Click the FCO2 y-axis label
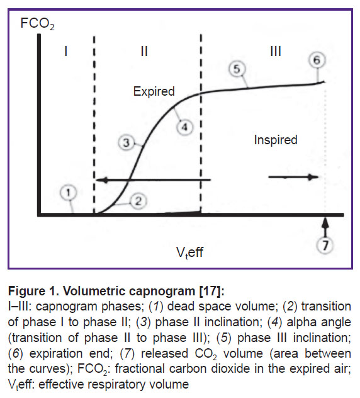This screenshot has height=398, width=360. click(x=37, y=24)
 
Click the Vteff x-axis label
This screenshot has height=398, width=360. click(x=190, y=253)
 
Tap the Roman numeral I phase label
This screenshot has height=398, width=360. click(x=66, y=51)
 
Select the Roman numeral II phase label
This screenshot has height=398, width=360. click(x=144, y=51)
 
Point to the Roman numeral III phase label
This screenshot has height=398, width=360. click(x=276, y=51)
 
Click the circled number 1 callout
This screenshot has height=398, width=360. click(x=68, y=193)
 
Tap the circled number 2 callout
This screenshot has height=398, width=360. click(x=138, y=202)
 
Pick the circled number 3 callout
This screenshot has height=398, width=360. click(x=126, y=143)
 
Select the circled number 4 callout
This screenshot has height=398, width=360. click(x=184, y=127)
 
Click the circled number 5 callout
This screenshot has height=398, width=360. click(x=237, y=69)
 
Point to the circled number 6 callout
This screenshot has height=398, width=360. click(x=317, y=60)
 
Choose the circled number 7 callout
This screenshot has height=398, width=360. click(x=325, y=246)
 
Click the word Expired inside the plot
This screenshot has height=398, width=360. click(x=154, y=92)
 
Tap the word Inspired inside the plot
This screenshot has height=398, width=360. click(x=276, y=140)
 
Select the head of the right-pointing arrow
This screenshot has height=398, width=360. click(x=313, y=177)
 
